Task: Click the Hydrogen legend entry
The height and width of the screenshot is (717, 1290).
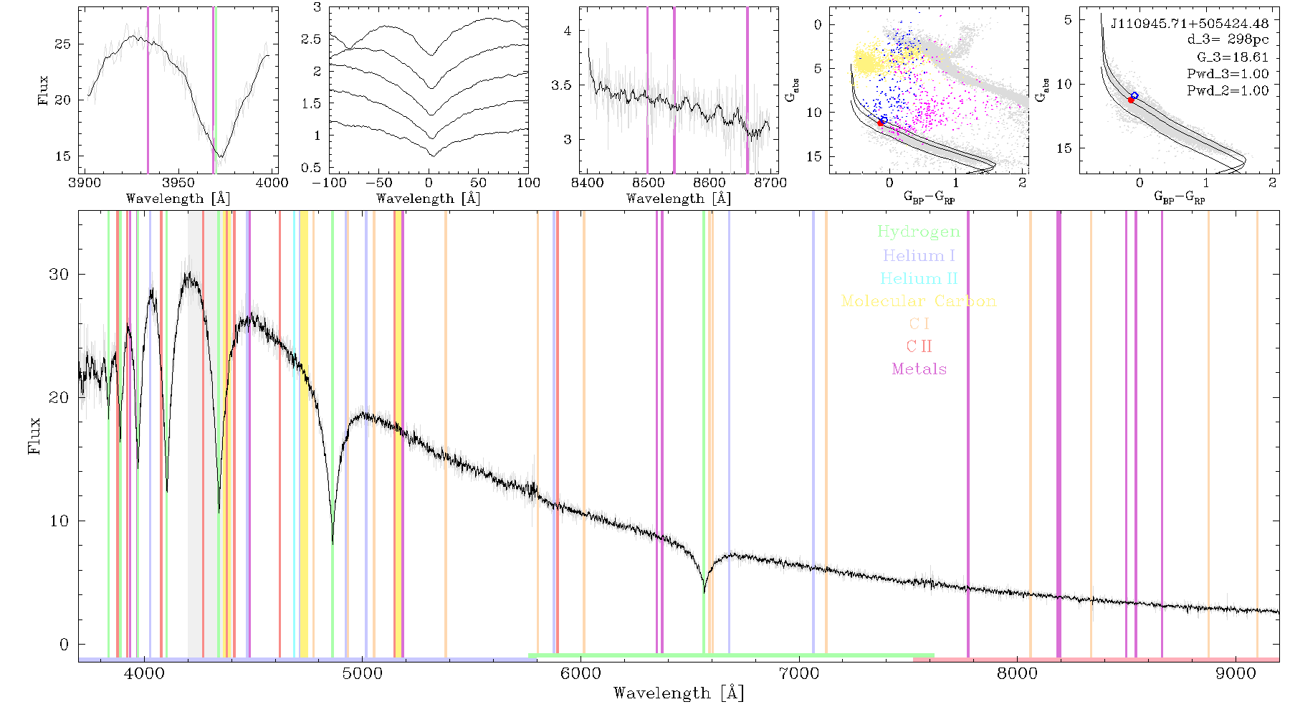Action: [919, 232]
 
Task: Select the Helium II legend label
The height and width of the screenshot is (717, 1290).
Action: [919, 278]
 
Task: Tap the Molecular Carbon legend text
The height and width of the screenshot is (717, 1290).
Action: [919, 301]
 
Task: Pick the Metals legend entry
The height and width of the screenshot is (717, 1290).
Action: [919, 369]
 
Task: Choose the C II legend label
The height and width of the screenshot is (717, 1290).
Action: [919, 346]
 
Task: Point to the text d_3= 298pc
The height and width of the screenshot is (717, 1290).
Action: [1228, 40]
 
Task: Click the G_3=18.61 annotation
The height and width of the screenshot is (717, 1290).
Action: [1233, 57]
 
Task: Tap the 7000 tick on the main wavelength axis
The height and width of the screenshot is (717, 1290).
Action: [798, 673]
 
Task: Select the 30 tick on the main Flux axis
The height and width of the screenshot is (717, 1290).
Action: [59, 274]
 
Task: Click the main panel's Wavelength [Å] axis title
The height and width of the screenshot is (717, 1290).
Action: [679, 693]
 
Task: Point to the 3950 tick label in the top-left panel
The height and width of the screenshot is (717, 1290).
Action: [178, 183]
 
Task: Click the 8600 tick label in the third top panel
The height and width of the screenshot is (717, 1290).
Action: [709, 183]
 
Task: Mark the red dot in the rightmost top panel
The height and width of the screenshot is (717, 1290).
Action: [1131, 100]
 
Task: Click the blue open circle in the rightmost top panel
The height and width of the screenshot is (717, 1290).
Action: [1134, 95]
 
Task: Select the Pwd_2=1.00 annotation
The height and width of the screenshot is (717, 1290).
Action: [1228, 91]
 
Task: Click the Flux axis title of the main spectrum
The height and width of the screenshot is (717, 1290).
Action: [34, 435]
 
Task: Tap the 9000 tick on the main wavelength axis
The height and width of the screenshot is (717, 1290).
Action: [1235, 673]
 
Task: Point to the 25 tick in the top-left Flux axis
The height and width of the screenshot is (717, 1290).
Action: [63, 44]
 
